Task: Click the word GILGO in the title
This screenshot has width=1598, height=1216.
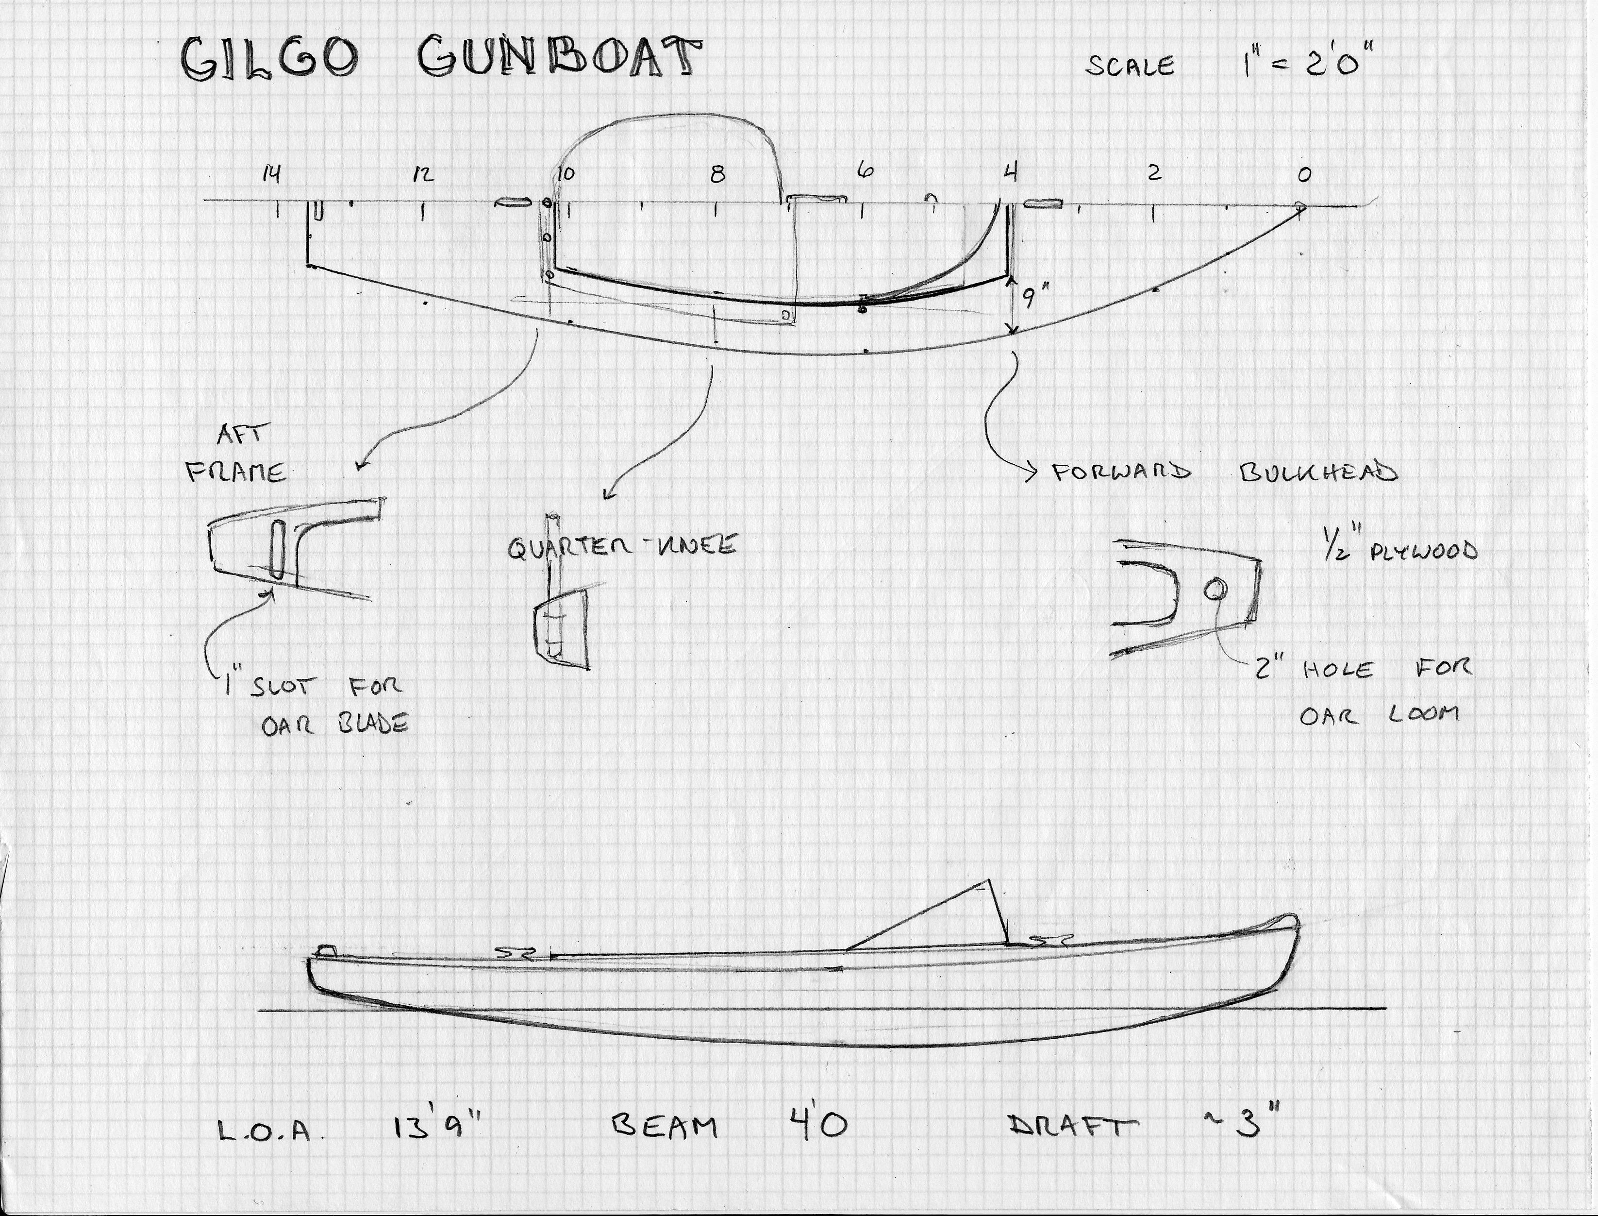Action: [268, 59]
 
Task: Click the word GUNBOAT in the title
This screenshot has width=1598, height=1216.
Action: [560, 57]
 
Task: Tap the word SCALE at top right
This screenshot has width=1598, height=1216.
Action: [1130, 66]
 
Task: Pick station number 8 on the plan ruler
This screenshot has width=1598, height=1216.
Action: [717, 174]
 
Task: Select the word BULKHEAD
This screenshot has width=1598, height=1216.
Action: [1319, 472]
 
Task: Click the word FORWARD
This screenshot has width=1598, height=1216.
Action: [1120, 473]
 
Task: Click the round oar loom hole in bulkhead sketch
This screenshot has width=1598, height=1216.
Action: [1215, 590]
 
